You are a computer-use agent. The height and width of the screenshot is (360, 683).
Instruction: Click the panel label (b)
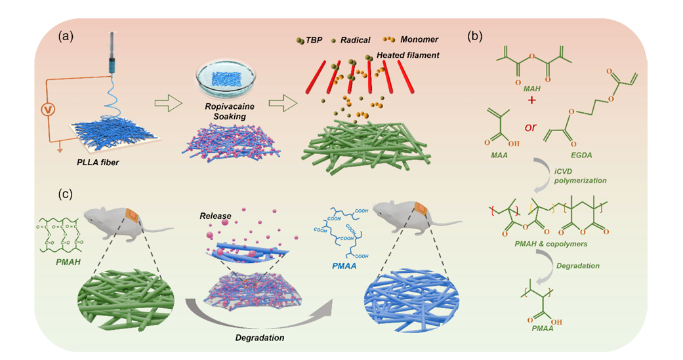pos(476,36)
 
